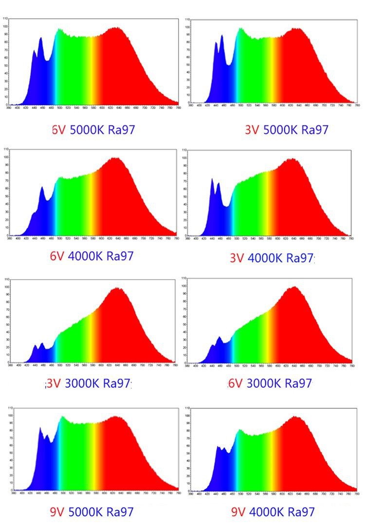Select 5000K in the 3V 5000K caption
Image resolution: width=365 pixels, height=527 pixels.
tap(280, 130)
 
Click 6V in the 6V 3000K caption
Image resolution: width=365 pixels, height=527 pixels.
tap(235, 383)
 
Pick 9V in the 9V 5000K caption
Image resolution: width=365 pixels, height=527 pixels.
tap(57, 511)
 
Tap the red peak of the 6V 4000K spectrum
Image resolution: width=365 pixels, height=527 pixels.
tap(115, 158)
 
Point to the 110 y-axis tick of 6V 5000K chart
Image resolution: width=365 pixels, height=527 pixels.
tap(5, 19)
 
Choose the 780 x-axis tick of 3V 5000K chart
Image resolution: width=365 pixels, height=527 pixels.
tap(357, 105)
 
